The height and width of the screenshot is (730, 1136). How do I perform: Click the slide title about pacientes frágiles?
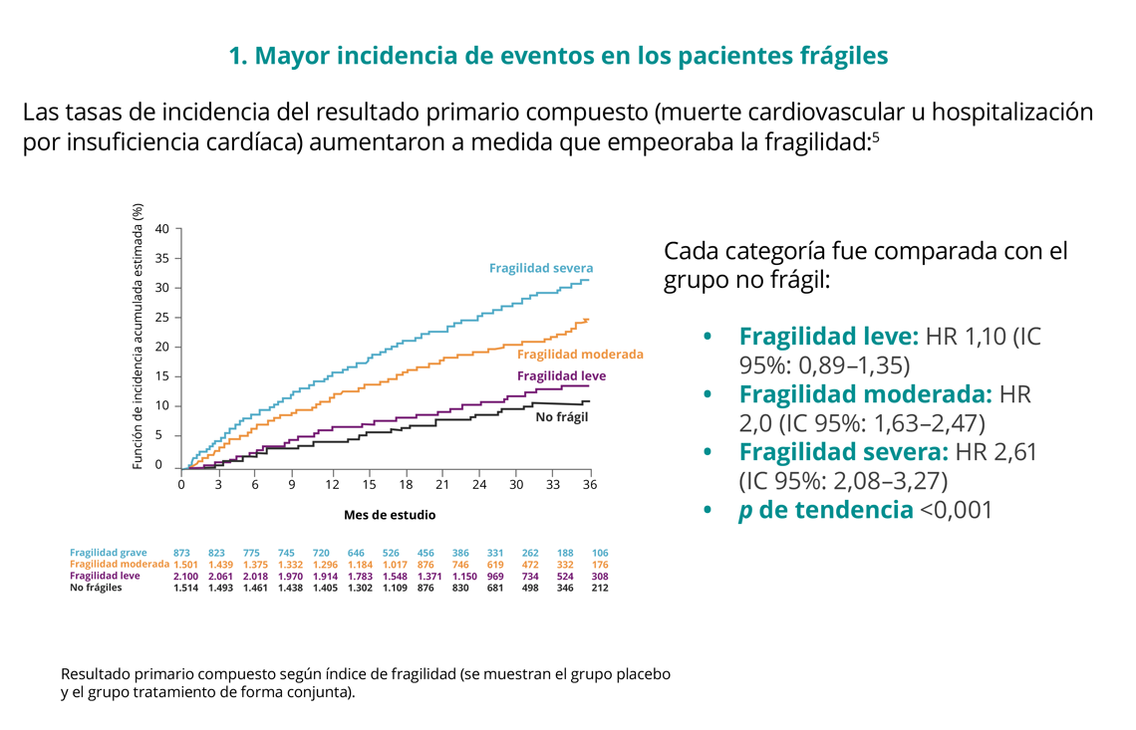(x=558, y=56)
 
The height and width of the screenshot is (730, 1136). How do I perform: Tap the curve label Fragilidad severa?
(x=540, y=268)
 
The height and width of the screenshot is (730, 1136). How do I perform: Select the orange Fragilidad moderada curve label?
(x=580, y=354)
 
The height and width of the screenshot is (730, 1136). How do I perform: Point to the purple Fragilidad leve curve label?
(x=561, y=376)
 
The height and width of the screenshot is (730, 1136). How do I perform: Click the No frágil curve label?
(x=562, y=416)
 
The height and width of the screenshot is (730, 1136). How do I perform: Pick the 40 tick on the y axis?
(x=162, y=229)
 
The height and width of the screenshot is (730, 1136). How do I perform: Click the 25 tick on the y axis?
(x=162, y=318)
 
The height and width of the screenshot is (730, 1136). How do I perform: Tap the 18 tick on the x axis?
(x=406, y=484)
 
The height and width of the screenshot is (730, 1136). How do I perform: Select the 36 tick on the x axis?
(x=589, y=484)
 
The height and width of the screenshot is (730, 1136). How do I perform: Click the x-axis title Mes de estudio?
(x=390, y=515)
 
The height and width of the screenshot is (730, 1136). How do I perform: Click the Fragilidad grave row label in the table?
(x=109, y=553)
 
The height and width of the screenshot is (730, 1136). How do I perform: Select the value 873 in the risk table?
(x=181, y=553)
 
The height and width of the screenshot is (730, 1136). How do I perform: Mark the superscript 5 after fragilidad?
(x=875, y=136)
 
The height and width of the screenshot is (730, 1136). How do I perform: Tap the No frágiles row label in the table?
(x=96, y=589)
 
